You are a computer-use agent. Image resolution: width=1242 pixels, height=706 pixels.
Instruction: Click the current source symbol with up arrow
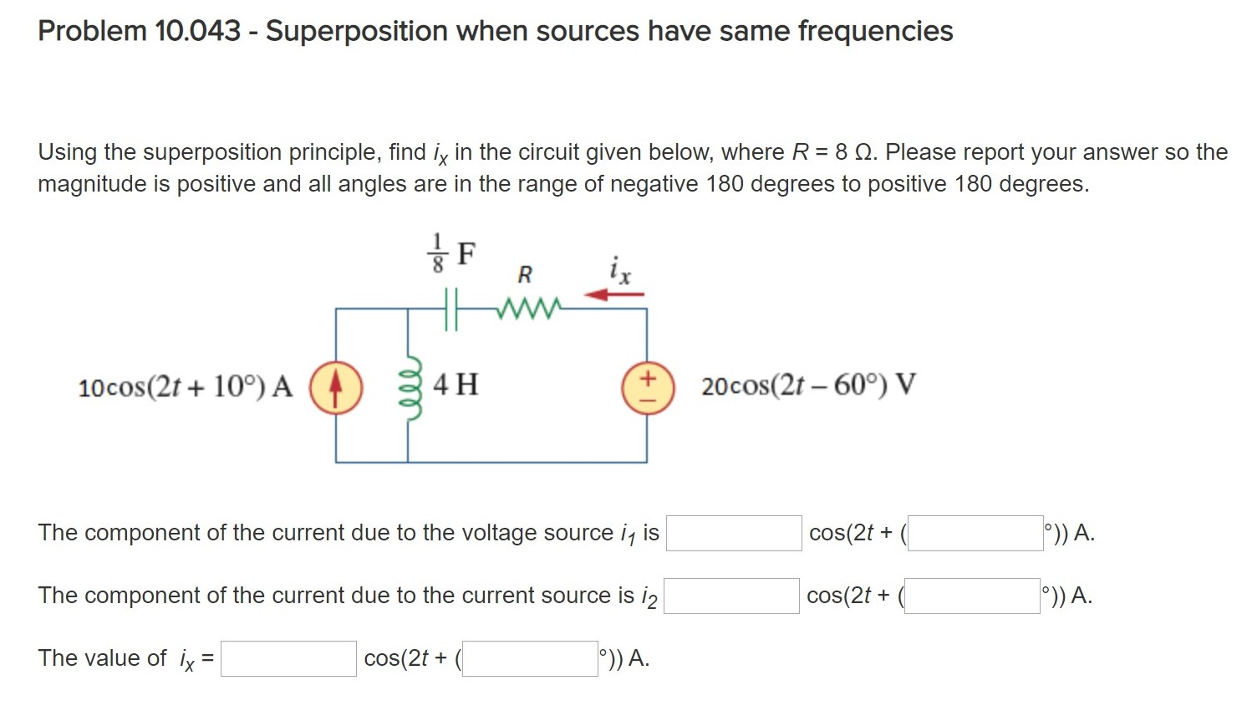(336, 388)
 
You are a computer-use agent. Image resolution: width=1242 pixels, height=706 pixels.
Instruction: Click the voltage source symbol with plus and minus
(647, 388)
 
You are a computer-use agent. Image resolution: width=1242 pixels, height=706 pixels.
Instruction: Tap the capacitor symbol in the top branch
(451, 309)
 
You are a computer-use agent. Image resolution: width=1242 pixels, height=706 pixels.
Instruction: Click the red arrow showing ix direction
(614, 294)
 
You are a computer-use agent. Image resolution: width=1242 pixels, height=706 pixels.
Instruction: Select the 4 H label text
(456, 385)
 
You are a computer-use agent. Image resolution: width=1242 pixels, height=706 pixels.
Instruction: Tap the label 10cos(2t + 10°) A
(186, 387)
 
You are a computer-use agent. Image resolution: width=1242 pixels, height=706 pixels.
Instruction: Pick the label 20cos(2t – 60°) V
(808, 386)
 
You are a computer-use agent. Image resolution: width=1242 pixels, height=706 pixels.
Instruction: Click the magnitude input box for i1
(733, 534)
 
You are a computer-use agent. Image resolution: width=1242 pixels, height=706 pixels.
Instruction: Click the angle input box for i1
(975, 534)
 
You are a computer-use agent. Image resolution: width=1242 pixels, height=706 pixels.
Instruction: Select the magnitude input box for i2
(731, 596)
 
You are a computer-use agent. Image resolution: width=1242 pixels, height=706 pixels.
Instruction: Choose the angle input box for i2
(972, 596)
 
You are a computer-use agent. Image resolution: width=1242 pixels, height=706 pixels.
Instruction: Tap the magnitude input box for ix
(288, 659)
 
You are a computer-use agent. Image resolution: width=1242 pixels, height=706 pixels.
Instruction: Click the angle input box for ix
(530, 659)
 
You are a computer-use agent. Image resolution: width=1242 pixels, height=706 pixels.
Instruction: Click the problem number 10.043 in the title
(197, 31)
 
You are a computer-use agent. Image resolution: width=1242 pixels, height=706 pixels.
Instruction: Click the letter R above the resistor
(525, 274)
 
